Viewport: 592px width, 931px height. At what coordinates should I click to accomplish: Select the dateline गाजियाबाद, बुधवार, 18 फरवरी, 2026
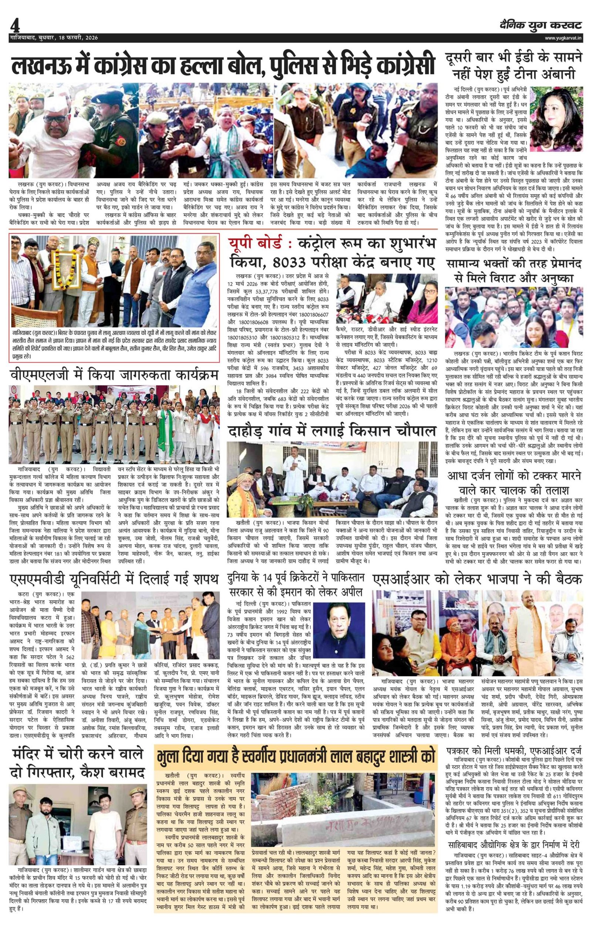pyautogui.click(x=54, y=38)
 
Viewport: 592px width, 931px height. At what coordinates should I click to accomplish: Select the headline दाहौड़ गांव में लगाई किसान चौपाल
pyautogui.click(x=332, y=431)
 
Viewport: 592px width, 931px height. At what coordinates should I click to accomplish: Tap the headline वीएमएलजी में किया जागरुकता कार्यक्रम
pyautogui.click(x=114, y=375)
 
